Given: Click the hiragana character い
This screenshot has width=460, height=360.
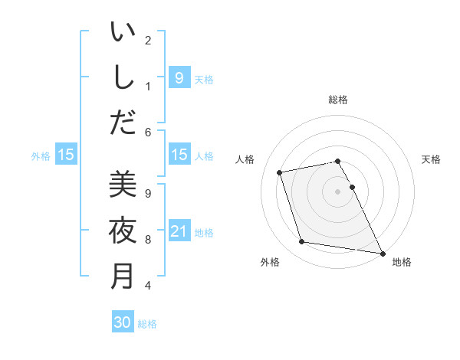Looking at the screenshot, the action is click(x=123, y=33).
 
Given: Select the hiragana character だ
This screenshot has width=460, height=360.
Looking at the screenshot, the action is click(x=123, y=122).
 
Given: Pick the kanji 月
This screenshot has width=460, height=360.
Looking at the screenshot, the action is click(x=123, y=275).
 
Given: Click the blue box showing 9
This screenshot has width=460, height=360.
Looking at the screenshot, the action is click(x=179, y=77).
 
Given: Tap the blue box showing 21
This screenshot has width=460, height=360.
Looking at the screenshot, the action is click(x=179, y=231).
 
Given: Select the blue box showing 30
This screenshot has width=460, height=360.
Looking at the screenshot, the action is click(x=123, y=322).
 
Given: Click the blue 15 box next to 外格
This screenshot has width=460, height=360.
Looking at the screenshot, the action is click(x=66, y=155).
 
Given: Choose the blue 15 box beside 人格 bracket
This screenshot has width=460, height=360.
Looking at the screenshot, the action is click(x=179, y=155).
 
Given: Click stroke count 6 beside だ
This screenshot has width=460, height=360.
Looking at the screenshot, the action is click(x=148, y=133).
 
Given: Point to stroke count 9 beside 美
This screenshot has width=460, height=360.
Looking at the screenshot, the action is click(x=148, y=194).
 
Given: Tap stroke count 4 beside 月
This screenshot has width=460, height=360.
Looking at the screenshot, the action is click(x=148, y=286).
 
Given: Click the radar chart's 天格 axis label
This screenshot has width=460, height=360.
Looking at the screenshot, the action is click(x=432, y=159).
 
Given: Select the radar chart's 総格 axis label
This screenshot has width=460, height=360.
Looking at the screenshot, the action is click(x=338, y=100).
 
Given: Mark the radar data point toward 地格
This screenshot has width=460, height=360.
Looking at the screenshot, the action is click(x=382, y=252).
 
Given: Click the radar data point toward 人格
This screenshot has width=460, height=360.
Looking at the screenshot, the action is click(x=281, y=172).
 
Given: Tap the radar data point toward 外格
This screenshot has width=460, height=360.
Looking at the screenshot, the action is click(x=302, y=242).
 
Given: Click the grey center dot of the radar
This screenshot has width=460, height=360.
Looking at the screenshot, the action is click(x=338, y=191).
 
